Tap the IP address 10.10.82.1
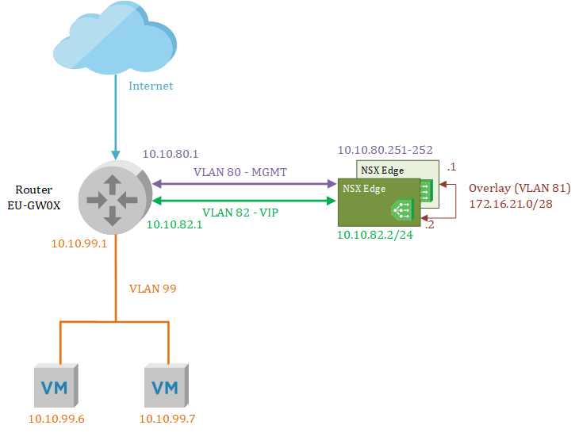174,225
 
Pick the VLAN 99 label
152,289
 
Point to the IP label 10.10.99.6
56,419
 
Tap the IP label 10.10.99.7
167,419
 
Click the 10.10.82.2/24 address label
376,236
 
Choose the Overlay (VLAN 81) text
520,189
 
